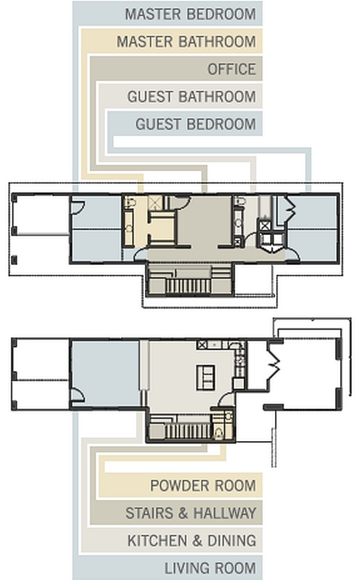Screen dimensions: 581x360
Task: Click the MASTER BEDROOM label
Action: tap(190, 14)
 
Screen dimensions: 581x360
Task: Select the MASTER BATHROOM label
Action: tap(186, 42)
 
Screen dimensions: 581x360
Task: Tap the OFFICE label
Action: tap(231, 69)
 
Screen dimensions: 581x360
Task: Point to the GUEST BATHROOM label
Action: tap(191, 97)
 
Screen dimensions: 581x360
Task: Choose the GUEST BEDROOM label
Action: tap(195, 124)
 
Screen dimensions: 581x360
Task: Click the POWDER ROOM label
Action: tap(202, 485)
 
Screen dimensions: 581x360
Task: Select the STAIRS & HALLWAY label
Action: tap(191, 513)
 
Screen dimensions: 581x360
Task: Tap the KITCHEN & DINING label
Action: tap(191, 540)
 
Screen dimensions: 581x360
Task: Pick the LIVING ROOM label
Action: tap(210, 568)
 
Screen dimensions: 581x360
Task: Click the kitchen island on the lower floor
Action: tap(206, 377)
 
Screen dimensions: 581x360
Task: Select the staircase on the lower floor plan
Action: tap(188, 431)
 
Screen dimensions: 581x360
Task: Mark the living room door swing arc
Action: tap(77, 395)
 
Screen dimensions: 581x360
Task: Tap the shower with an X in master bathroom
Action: tap(154, 201)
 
